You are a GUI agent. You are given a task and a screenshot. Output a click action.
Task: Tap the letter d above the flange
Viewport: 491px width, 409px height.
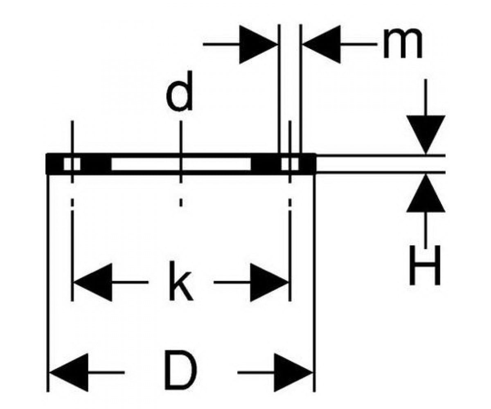179,91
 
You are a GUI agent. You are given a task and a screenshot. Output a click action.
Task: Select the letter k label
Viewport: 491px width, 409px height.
180,281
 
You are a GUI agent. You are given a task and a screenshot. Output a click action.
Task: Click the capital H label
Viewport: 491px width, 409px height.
425,265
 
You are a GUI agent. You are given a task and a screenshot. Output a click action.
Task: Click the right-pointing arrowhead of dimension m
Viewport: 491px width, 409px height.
258,44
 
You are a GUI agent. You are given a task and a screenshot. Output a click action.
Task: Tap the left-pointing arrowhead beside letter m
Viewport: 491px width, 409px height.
322,44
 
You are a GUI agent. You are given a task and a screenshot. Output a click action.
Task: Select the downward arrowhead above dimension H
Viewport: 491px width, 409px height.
426,135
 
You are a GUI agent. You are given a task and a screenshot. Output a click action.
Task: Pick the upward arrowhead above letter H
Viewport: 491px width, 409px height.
426,193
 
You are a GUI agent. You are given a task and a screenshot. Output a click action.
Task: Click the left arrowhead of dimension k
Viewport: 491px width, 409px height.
93,282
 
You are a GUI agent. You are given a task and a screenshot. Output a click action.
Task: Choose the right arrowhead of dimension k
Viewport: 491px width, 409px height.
269,282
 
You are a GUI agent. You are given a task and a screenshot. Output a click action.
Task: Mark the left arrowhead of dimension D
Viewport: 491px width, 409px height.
69,372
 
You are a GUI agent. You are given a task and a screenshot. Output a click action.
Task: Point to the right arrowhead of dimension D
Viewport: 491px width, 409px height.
293,372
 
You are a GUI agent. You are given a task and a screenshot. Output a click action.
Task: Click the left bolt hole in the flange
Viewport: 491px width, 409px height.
72,164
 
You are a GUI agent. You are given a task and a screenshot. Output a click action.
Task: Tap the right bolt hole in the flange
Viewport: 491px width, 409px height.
290,164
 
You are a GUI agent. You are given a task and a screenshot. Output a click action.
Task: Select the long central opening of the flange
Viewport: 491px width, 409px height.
180,164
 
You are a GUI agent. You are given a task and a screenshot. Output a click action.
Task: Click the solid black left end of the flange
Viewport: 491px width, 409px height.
54,164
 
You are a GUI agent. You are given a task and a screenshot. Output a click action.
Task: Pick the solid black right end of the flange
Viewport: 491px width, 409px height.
308,164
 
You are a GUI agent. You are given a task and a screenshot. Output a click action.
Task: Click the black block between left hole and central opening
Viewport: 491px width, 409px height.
96,164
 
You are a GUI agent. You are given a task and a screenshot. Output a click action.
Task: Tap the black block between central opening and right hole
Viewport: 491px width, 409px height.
266,164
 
